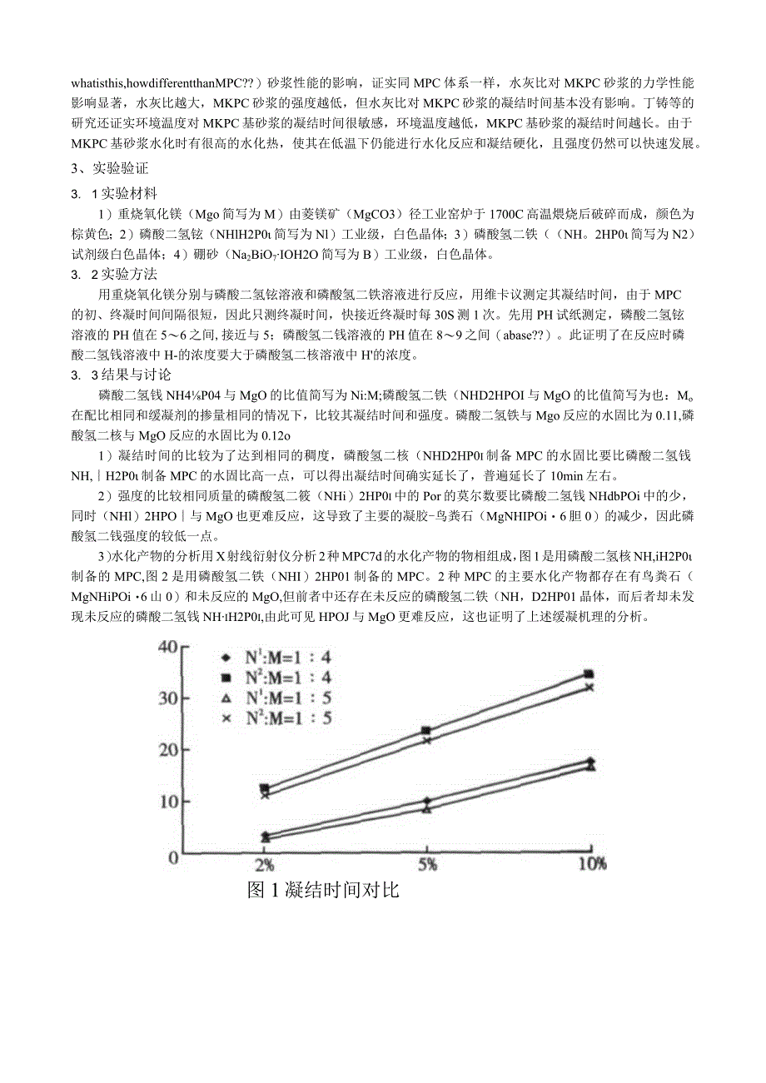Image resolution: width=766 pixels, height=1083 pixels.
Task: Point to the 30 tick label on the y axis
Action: [168, 698]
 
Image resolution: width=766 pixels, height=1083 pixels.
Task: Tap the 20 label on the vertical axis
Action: [168, 749]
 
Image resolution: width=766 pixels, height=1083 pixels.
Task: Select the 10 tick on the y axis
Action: [168, 802]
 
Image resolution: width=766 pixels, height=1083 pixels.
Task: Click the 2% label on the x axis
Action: [264, 864]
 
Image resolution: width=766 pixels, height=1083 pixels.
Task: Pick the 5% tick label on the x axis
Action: [427, 864]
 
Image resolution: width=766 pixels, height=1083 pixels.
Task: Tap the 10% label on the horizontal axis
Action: [591, 864]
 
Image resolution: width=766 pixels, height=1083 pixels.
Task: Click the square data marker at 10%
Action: [589, 673]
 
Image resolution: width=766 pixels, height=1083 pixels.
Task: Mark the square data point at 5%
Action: [427, 731]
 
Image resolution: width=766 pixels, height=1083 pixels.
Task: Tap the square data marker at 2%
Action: [265, 787]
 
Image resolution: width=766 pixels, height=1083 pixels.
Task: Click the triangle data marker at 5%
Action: [427, 808]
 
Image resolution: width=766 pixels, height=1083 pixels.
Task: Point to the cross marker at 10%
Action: [589, 687]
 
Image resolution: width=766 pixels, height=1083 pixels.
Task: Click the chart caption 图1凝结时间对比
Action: [323, 891]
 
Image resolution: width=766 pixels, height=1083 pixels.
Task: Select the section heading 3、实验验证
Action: [109, 169]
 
